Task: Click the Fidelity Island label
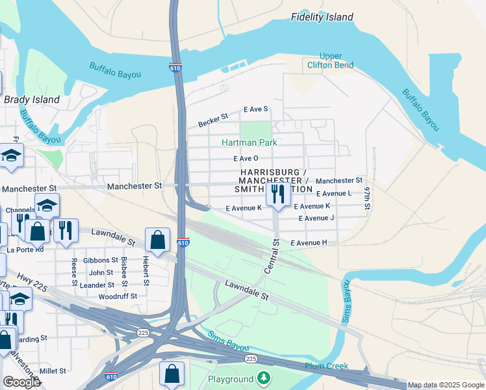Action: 322,17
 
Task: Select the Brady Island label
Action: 32,99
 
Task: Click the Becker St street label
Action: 213,121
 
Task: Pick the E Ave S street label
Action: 255,109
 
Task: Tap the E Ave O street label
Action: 246,158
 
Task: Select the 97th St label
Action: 367,198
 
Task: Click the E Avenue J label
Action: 316,218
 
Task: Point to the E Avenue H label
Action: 309,242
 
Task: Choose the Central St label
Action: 271,255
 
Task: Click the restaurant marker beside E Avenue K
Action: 278,194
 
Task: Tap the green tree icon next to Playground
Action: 263,378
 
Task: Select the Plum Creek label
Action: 327,366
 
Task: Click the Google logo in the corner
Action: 21,382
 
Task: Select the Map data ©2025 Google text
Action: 445,385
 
